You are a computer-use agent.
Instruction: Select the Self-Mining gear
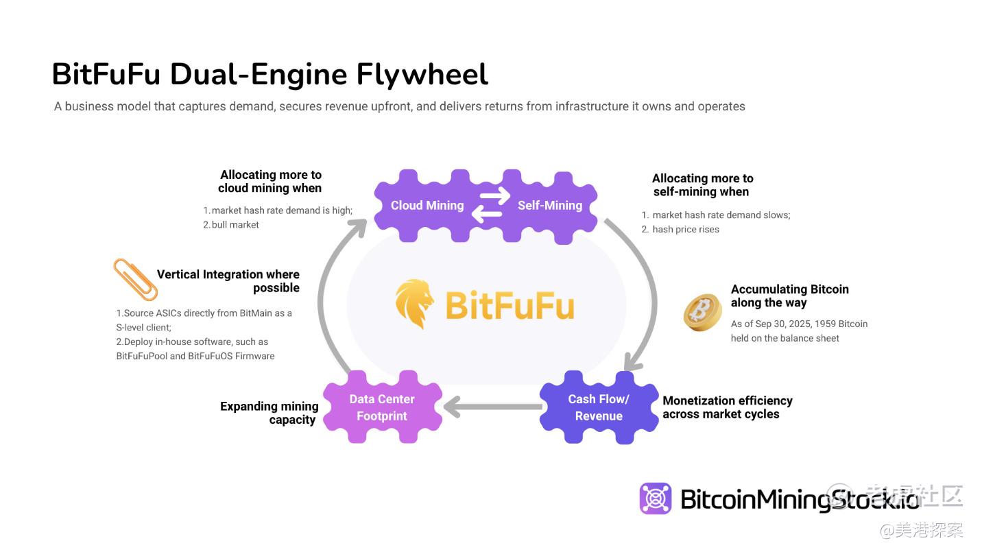551,205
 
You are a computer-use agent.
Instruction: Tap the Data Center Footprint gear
381,407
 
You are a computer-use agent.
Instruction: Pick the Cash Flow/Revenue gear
599,407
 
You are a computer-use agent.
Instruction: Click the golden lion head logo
415,303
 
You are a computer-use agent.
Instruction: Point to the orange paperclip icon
135,278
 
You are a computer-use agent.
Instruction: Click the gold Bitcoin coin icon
703,312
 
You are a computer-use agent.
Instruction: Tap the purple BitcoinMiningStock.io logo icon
656,499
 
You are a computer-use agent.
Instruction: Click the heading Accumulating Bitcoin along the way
789,296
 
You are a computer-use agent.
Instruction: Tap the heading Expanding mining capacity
270,413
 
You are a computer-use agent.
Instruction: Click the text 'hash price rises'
686,230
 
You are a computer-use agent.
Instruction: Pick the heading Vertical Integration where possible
228,281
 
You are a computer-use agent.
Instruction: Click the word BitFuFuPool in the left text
143,356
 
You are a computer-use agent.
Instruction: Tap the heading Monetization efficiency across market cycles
727,407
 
